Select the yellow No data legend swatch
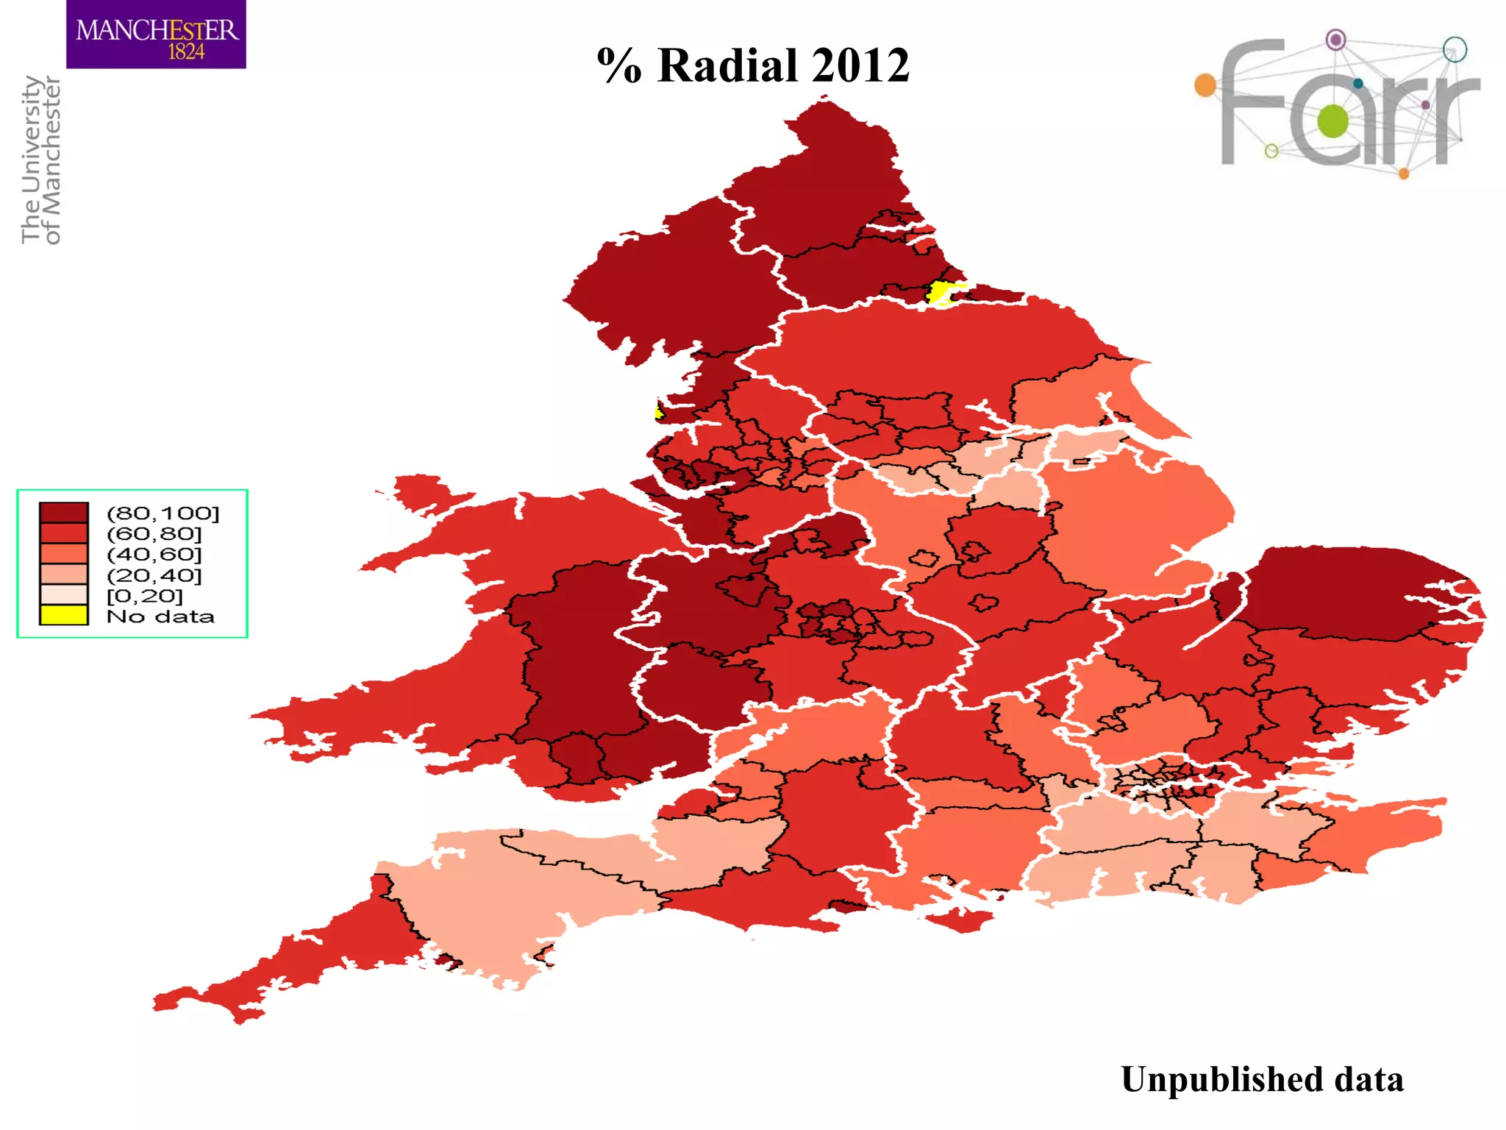[64, 615]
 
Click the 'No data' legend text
[160, 616]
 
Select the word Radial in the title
[727, 65]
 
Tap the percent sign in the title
[618, 65]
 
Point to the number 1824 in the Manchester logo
[186, 52]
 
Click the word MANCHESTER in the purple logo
[157, 30]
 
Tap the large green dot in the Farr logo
[1332, 121]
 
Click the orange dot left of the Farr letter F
[1205, 85]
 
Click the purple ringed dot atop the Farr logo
[1335, 39]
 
